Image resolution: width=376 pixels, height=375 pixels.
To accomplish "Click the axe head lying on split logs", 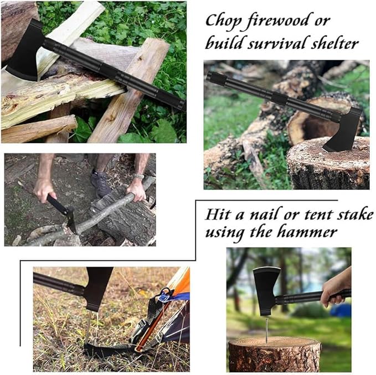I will (25, 52).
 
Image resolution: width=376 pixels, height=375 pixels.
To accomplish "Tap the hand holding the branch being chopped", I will (136, 190).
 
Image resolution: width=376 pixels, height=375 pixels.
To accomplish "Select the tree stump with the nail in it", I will (274, 353).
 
